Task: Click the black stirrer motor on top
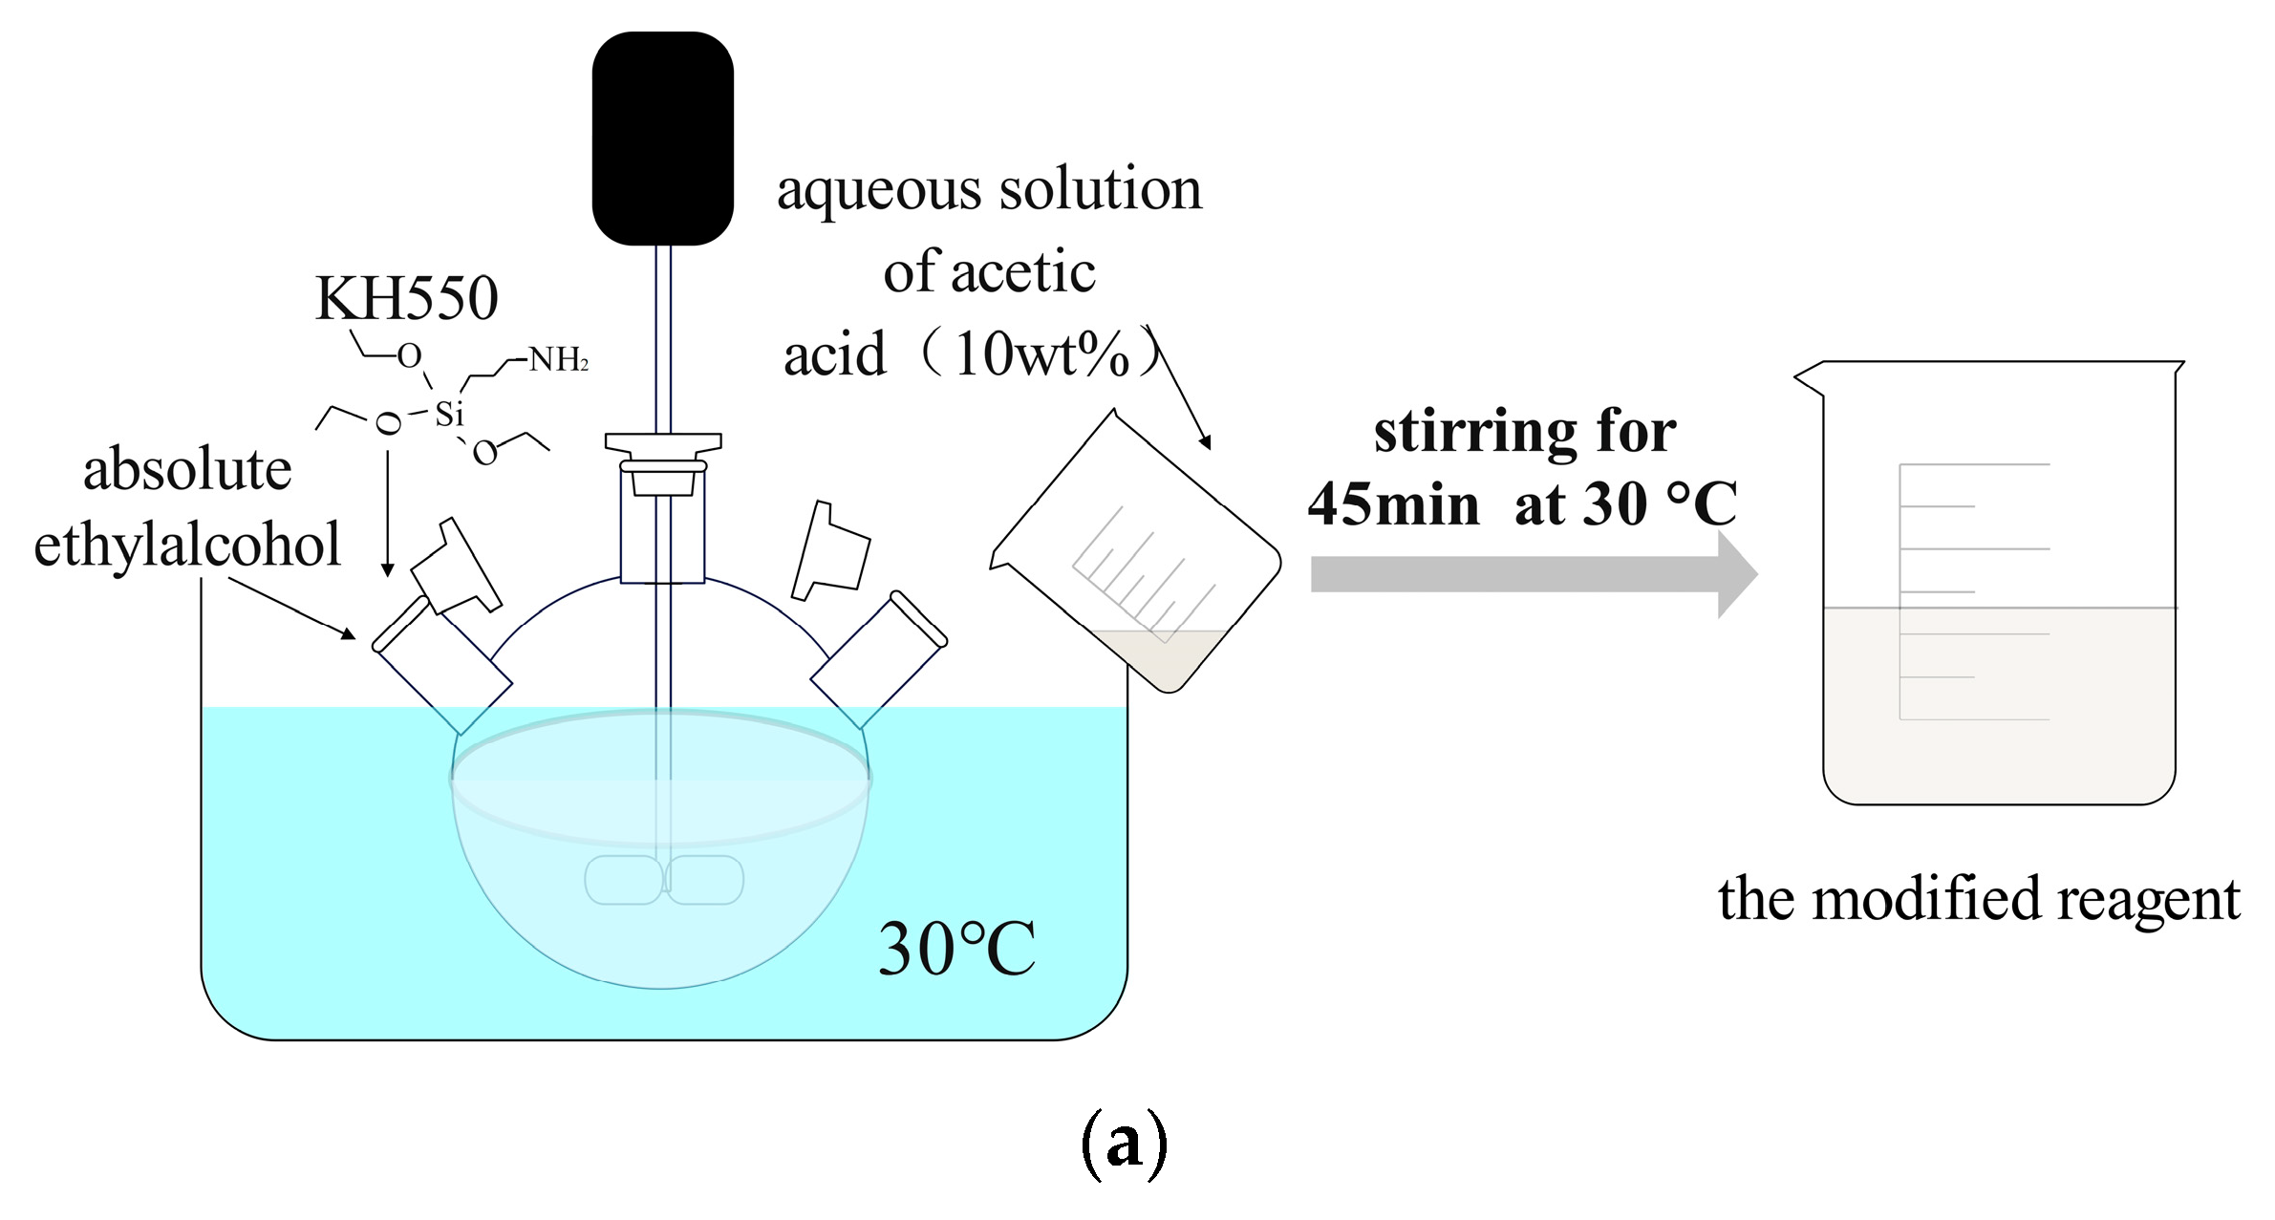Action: (662, 139)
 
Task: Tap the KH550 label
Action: (406, 298)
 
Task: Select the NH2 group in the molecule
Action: (559, 360)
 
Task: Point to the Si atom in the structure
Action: (449, 414)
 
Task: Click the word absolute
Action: (187, 470)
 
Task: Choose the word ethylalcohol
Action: (187, 545)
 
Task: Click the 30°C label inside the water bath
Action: (956, 949)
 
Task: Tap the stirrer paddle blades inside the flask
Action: (664, 880)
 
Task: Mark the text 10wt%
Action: (1041, 355)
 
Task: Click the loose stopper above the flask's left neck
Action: (456, 566)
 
